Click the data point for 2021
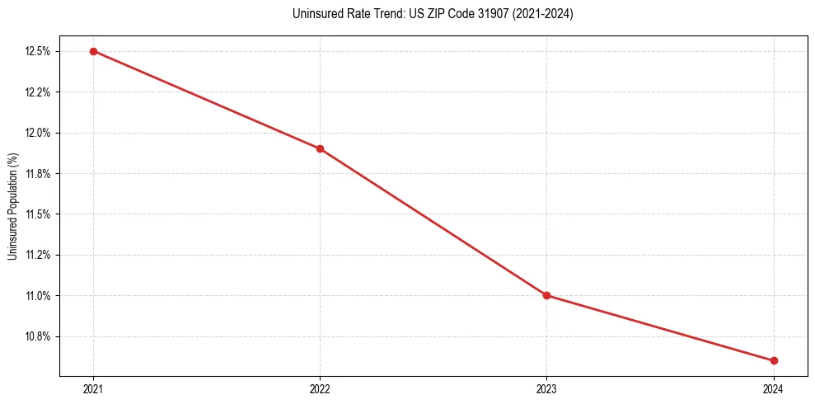93,51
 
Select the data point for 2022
320,148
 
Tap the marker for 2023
546,295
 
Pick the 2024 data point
774,360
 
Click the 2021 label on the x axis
93,388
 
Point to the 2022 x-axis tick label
320,388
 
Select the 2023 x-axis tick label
546,388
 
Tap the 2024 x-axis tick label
774,388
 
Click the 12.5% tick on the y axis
39,51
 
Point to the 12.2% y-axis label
39,92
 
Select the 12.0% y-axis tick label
39,133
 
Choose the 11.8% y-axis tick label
39,173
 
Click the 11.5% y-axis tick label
39,214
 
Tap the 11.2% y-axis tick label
39,255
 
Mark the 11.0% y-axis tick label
39,296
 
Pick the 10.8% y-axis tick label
39,336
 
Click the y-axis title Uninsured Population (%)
12,206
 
